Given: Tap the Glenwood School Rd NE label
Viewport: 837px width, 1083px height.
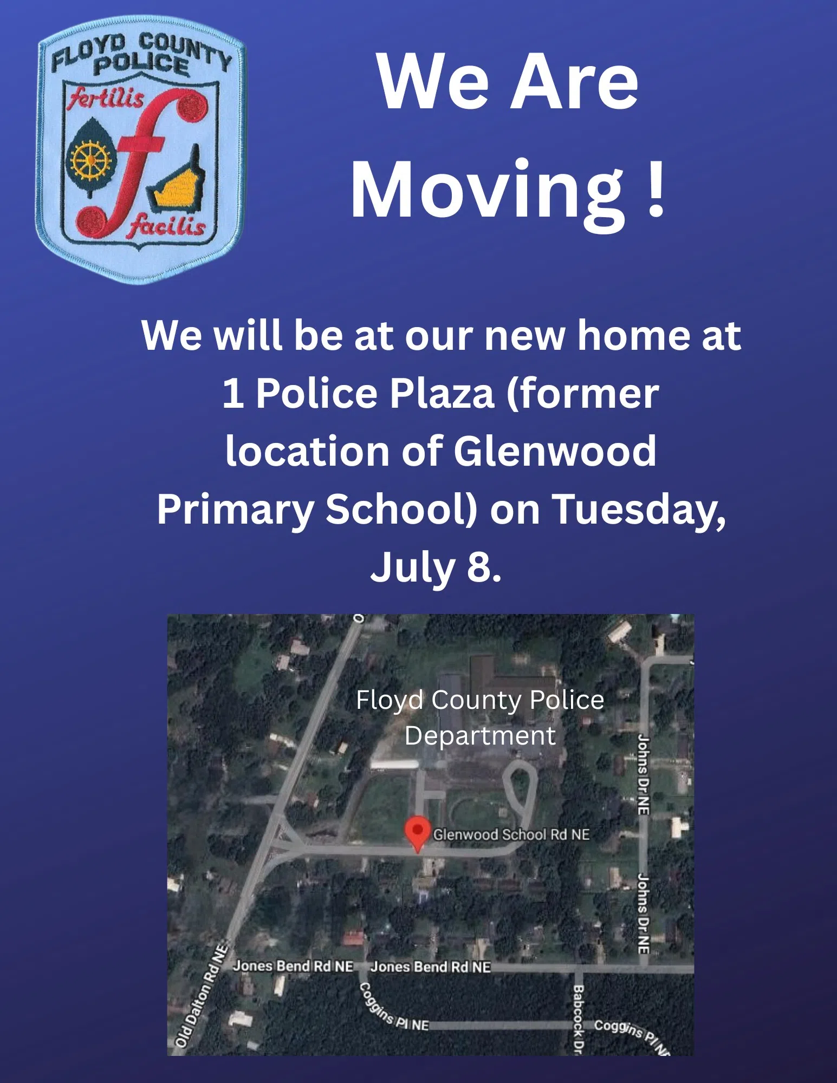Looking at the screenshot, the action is (511, 834).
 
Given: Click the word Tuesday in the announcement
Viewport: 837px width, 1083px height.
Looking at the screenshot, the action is (639, 510).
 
